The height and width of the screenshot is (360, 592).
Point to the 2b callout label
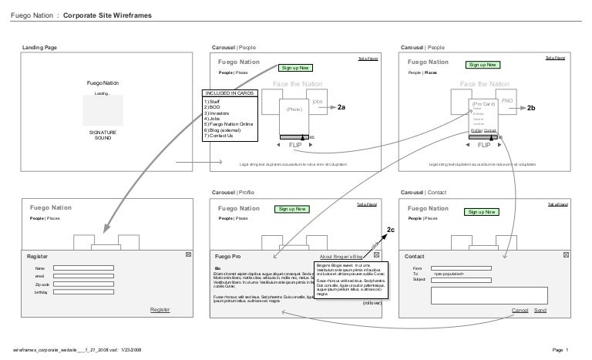click(531, 108)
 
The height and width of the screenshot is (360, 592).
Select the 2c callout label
click(391, 230)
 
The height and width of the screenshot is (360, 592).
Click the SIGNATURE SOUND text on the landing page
click(102, 135)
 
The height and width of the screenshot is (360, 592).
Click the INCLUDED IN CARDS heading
click(230, 93)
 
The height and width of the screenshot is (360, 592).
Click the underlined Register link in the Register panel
click(160, 308)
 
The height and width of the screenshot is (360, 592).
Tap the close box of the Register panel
click(188, 254)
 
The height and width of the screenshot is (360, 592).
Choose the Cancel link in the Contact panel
click(520, 309)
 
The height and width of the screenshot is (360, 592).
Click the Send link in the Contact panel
click(540, 309)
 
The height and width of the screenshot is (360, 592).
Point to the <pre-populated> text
click(449, 274)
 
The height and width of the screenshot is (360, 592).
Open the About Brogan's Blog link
click(341, 255)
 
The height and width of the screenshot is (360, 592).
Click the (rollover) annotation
click(372, 303)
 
